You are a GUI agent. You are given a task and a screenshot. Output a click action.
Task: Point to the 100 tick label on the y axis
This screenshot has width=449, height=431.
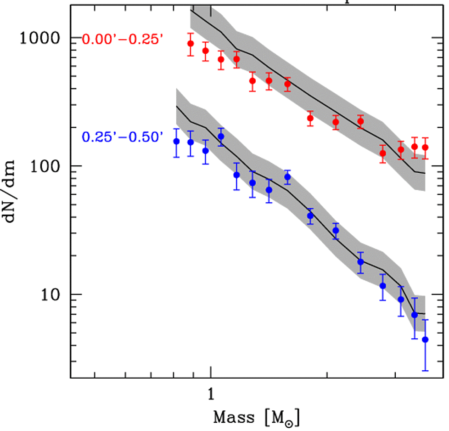click(x=49, y=166)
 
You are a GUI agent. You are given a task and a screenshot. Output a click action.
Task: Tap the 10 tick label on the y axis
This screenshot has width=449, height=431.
click(x=53, y=295)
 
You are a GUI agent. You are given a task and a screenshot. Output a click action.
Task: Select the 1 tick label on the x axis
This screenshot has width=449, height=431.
click(x=211, y=393)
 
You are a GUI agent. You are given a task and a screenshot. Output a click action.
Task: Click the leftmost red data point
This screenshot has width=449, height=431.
click(x=191, y=44)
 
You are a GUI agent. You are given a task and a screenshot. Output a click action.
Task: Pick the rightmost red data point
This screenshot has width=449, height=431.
click(x=425, y=147)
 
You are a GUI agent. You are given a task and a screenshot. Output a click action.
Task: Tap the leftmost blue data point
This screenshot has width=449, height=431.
click(x=175, y=141)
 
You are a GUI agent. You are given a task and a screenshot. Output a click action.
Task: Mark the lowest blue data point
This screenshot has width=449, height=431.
click(x=425, y=340)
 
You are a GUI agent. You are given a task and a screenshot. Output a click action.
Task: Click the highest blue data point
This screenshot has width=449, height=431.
click(x=221, y=136)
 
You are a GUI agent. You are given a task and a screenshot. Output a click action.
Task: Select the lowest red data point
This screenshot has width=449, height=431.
click(x=382, y=153)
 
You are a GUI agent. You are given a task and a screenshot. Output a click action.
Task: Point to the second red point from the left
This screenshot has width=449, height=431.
click(x=205, y=51)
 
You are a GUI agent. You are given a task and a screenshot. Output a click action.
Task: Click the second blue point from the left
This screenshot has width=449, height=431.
click(x=191, y=142)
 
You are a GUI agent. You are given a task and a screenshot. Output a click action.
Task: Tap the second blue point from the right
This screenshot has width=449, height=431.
click(x=415, y=315)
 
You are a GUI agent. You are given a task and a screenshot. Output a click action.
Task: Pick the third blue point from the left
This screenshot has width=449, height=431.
click(x=205, y=151)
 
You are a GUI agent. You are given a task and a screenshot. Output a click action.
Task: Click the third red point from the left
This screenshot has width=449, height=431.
click(x=221, y=59)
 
